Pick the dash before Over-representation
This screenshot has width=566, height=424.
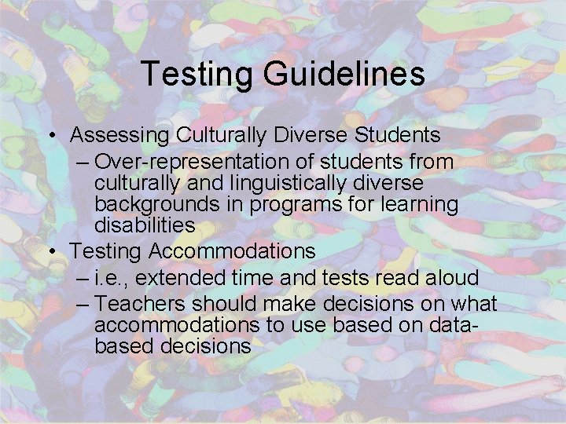(83, 163)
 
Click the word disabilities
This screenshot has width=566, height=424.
(145, 225)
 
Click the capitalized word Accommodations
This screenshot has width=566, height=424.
(230, 251)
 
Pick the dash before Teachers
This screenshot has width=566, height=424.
(83, 304)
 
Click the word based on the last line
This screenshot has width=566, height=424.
(118, 345)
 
